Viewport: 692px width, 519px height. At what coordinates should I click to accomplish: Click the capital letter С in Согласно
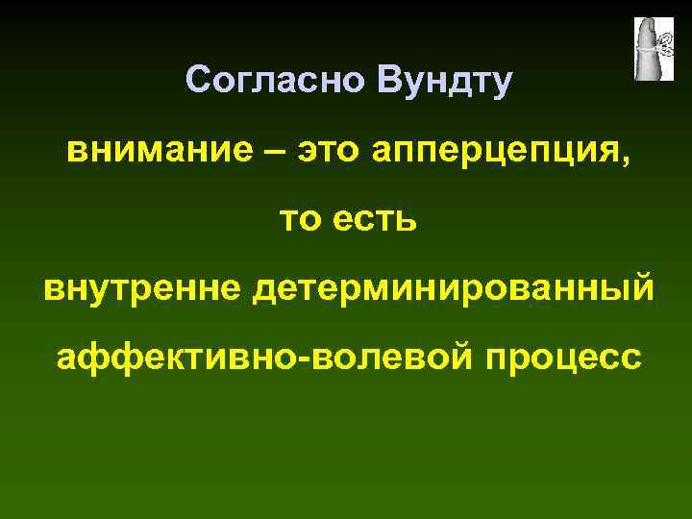tap(198, 80)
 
